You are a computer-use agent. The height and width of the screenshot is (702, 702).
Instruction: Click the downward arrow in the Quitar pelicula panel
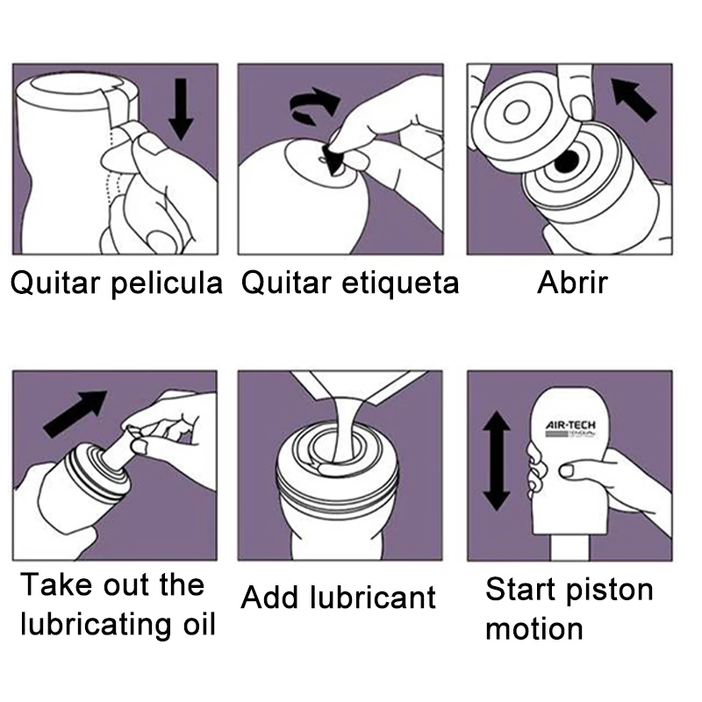point(181,109)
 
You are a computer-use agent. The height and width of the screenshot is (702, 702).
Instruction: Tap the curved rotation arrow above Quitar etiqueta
point(314,105)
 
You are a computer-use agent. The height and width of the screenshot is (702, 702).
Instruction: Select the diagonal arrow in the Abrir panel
point(633,99)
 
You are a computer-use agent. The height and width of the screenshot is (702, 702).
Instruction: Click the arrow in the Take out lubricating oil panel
point(75,413)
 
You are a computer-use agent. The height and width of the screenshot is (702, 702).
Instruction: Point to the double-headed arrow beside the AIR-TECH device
point(497,462)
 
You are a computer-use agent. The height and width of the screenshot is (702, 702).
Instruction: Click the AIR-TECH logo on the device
point(570,429)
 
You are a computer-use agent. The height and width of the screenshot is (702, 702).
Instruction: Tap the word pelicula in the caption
point(167,283)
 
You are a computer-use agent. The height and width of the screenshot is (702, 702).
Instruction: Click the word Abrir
point(572,283)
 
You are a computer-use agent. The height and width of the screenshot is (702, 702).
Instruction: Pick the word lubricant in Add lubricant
point(372,598)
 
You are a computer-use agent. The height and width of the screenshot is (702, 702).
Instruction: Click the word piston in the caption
point(609,591)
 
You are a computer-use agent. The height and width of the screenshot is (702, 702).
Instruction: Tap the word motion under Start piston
point(534,629)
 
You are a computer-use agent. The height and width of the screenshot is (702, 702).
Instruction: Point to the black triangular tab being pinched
point(333,159)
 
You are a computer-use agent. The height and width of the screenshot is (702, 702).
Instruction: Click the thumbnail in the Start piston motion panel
point(566,470)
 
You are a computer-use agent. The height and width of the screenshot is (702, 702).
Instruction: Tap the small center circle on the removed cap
point(517,112)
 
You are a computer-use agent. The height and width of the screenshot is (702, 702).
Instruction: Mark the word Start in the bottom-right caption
point(521,589)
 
